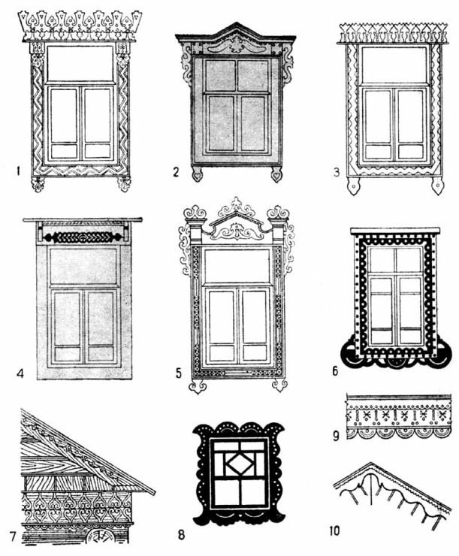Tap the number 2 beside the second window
pyautogui.click(x=176, y=172)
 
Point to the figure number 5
pyautogui.click(x=178, y=373)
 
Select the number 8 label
pyautogui.click(x=182, y=535)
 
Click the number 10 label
pyautogui.click(x=334, y=530)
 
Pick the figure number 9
pyautogui.click(x=337, y=436)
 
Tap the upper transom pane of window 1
pyautogui.click(x=80, y=63)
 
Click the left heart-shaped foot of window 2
pyautogui.click(x=197, y=176)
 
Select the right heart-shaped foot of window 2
pyautogui.click(x=276, y=176)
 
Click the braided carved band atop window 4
pyautogui.click(x=84, y=237)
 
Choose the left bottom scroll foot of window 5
pyautogui.click(x=198, y=385)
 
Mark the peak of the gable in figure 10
pyautogui.click(x=371, y=462)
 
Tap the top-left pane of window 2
pyautogui.click(x=220, y=75)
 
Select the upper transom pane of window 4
pyautogui.click(x=83, y=266)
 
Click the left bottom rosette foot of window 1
pyautogui.click(x=38, y=184)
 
